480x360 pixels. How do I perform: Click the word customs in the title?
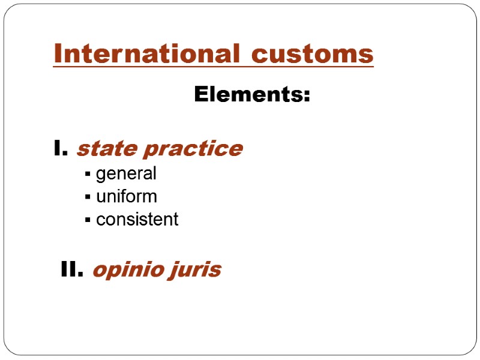pos(313,54)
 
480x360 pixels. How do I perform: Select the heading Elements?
pos(252,95)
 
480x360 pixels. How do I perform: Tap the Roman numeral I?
pos(61,148)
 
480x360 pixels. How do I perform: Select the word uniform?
pos(127,197)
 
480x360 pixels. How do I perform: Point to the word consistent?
pos(137,220)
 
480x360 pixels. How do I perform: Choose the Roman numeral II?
pos(72,271)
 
